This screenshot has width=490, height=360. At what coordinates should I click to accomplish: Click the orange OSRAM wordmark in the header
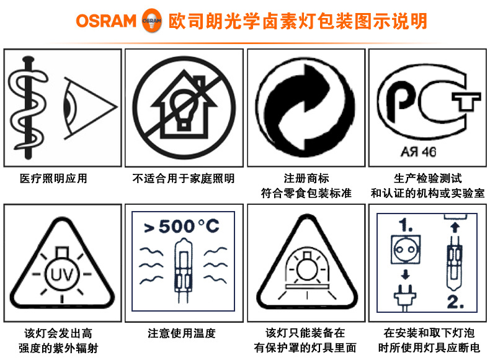tap(106, 21)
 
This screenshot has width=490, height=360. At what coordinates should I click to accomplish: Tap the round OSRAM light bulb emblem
tap(152, 20)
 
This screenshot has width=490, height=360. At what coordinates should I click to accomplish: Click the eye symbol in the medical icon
tap(90, 107)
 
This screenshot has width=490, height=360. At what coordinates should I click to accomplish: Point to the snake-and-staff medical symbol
tap(28, 107)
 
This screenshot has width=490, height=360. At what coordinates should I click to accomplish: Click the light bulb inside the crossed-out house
tap(184, 108)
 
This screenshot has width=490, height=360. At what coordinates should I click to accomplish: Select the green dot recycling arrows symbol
tap(305, 107)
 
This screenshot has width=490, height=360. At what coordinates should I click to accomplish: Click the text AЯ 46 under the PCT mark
tap(418, 152)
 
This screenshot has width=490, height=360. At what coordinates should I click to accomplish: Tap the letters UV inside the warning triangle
tap(62, 274)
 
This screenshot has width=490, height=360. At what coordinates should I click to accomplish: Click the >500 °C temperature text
tap(182, 226)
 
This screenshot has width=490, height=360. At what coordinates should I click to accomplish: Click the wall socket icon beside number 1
tap(406, 250)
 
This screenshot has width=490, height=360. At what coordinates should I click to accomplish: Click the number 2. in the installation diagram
tap(455, 302)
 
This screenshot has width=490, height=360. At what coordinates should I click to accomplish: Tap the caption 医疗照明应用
tap(53, 179)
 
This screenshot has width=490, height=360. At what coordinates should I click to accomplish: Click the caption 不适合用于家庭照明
tap(184, 179)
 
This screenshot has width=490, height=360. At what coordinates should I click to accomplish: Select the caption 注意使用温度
tap(182, 333)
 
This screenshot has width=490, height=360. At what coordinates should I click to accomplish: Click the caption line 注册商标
tap(306, 179)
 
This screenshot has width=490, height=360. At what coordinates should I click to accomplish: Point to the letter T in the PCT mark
tap(466, 101)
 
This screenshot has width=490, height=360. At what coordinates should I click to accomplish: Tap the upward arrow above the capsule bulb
tap(455, 227)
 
